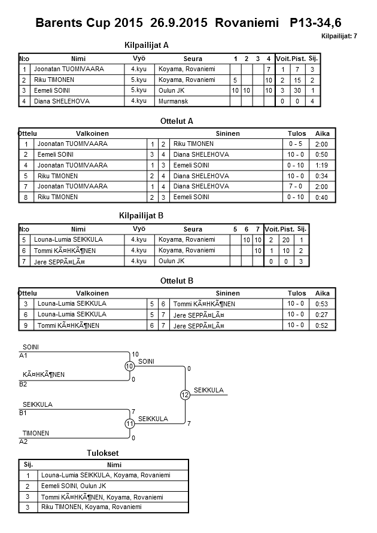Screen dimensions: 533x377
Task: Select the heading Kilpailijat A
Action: pos(147,45)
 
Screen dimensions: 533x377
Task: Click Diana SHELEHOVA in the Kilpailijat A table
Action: pos(62,102)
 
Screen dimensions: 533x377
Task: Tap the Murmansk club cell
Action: pos(172,102)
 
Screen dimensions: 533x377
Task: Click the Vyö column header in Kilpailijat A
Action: pos(139,59)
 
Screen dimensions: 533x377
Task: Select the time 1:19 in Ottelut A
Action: pos(321,165)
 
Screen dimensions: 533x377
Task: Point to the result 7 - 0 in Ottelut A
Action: pos(296,187)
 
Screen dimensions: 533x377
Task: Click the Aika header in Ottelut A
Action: pos(323,133)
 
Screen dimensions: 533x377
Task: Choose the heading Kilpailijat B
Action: pos(147,215)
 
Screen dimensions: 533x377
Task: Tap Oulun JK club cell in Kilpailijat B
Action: pos(172,261)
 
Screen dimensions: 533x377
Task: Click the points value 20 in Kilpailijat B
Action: pos(287,240)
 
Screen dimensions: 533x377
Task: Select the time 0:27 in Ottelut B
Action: pos(323,315)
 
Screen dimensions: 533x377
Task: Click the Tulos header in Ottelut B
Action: pos(297,293)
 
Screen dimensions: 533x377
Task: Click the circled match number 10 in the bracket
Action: pos(129,366)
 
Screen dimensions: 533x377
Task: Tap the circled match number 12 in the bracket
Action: pos(185,395)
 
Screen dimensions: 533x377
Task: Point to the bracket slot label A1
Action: pos(24,355)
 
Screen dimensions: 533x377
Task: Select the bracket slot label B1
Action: pos(24,413)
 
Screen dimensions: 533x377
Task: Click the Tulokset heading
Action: pos(104,453)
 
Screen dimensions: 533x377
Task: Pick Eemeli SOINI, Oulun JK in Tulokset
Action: pos(78,486)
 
